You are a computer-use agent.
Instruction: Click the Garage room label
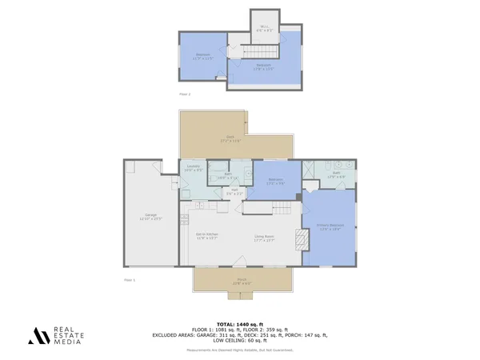tap(150, 217)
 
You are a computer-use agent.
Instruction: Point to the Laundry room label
tap(191, 168)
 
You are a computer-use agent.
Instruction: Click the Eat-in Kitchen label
tap(207, 235)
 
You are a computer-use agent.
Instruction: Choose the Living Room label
tap(265, 236)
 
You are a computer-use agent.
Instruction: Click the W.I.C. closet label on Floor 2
tap(263, 27)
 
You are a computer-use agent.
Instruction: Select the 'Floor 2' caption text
tap(185, 94)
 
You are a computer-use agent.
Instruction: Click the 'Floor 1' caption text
tap(130, 280)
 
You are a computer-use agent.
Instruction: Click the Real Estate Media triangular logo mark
tap(38, 336)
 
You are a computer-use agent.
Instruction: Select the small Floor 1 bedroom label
tap(276, 179)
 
